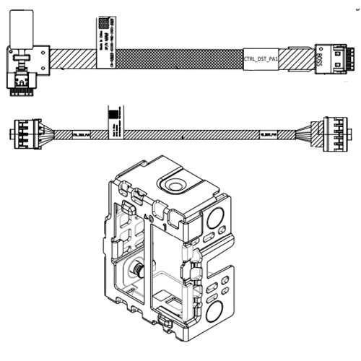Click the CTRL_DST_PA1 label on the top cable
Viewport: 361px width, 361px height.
pyautogui.click(x=261, y=59)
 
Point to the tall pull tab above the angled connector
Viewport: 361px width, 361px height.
pyautogui.click(x=19, y=28)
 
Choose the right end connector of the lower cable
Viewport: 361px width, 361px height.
pyautogui.click(x=336, y=134)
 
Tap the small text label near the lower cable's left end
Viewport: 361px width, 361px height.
pyautogui.click(x=82, y=134)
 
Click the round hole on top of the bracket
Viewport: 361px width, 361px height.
pyautogui.click(x=173, y=186)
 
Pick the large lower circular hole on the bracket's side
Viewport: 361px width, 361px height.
pyautogui.click(x=214, y=313)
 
